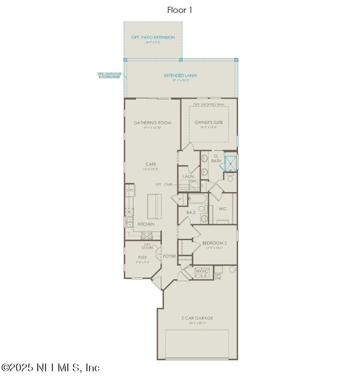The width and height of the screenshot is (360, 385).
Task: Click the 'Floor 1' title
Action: coord(180,10)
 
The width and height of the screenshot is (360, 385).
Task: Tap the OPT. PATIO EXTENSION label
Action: coord(153,37)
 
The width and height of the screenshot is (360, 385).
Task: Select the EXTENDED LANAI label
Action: coord(180,76)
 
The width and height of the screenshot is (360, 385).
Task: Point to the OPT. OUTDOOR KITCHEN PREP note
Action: coord(108,75)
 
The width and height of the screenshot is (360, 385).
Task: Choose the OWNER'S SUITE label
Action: coord(208,122)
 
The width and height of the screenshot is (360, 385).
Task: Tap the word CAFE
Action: coord(150,164)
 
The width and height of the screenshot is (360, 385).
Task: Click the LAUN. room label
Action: coord(189,177)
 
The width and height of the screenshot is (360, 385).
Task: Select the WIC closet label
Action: coord(222,209)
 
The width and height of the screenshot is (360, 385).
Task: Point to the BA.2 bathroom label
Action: coord(191,212)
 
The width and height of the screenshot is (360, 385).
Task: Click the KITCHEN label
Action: coord(146,224)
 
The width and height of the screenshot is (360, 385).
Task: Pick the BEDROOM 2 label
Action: coord(215,243)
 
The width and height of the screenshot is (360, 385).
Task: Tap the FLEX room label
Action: coord(142,257)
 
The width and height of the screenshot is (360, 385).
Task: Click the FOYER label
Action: coord(169,256)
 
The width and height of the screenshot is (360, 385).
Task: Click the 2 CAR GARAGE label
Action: coord(197,318)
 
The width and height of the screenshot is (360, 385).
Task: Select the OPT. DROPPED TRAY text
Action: coord(209,105)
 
